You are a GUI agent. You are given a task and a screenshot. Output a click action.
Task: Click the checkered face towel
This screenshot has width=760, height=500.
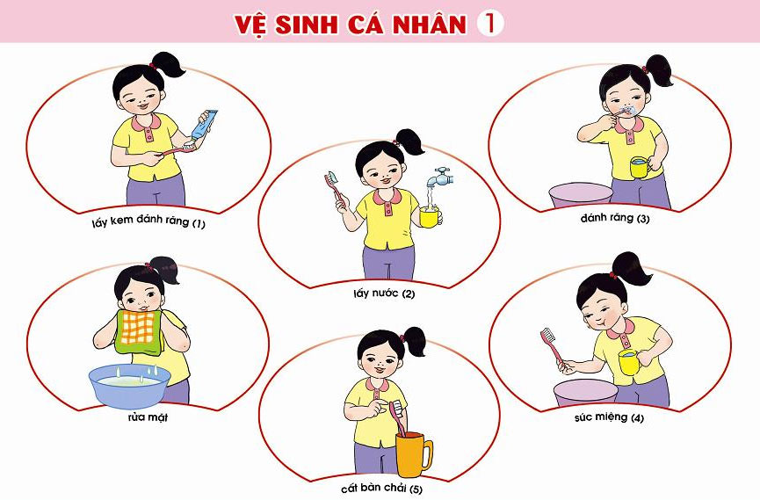coord(139,331)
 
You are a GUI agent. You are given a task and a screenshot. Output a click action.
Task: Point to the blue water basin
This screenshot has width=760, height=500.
coord(130,386)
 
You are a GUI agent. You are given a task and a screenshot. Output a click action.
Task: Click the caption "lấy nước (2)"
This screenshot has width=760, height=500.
coord(384,293)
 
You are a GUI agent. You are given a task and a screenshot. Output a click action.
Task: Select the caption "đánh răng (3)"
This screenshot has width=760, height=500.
coord(615,218)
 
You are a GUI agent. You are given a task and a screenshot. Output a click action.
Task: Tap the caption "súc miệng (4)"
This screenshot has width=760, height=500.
coord(609,417)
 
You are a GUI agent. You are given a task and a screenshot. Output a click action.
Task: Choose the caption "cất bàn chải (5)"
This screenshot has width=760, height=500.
coord(381,488)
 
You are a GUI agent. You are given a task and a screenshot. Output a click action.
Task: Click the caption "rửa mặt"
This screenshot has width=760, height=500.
coord(148,417)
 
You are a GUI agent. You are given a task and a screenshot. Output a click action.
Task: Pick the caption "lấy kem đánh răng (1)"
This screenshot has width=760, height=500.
coord(148,222)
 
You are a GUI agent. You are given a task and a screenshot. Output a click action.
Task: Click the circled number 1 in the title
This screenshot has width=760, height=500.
coord(490,23)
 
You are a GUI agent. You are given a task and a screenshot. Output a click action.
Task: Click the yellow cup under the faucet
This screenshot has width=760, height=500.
coord(430,217)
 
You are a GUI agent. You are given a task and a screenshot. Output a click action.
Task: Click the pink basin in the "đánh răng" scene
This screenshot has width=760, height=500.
coord(581,195)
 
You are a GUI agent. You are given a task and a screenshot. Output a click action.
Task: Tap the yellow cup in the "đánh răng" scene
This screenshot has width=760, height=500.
coord(641,167)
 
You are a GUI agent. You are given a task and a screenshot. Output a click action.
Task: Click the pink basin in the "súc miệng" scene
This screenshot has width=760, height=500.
coord(586,392)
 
